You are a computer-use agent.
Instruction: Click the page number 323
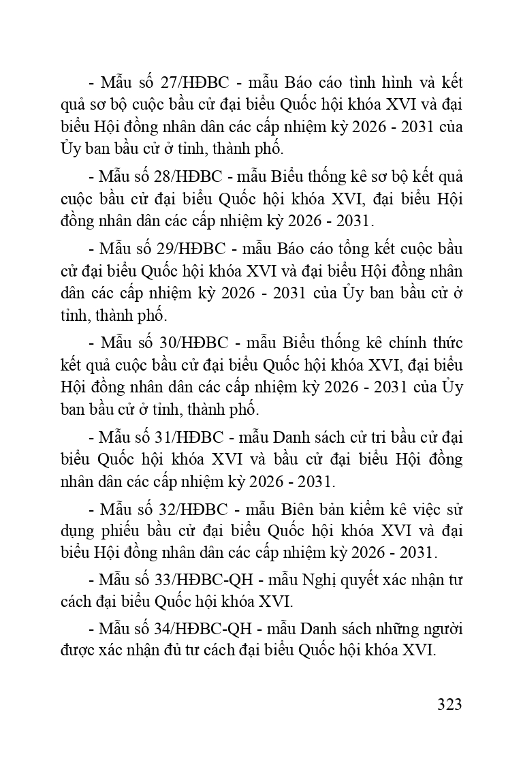tap(449, 704)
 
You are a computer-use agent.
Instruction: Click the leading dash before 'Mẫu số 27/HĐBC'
tap(92, 83)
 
